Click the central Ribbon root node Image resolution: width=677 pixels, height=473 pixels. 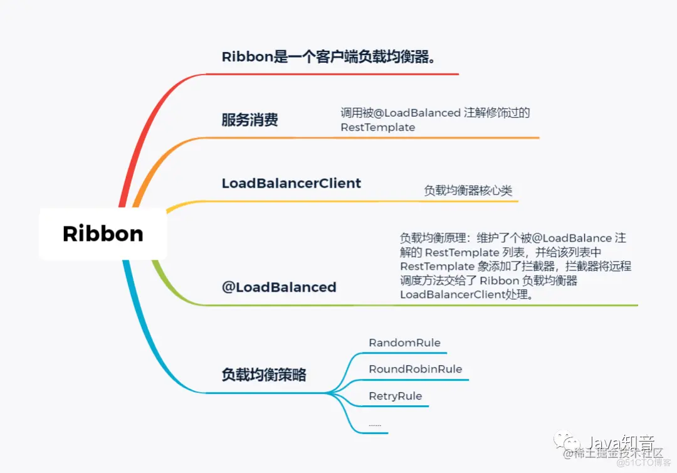click(x=103, y=234)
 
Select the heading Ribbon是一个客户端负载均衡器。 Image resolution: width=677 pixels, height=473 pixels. click(x=328, y=56)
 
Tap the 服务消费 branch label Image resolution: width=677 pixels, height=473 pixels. click(x=249, y=120)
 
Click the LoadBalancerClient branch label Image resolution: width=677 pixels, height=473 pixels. click(x=291, y=183)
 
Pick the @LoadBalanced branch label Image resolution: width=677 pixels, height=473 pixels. click(x=279, y=287)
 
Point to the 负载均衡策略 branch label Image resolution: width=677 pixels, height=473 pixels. click(x=264, y=375)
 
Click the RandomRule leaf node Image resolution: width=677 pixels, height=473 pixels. click(x=404, y=343)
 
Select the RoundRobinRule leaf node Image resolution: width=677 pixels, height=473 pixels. click(x=415, y=369)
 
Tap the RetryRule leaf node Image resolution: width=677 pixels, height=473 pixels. click(x=395, y=396)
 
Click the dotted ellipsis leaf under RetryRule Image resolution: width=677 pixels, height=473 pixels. click(x=375, y=425)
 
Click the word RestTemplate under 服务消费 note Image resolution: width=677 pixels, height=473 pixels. click(x=378, y=127)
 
